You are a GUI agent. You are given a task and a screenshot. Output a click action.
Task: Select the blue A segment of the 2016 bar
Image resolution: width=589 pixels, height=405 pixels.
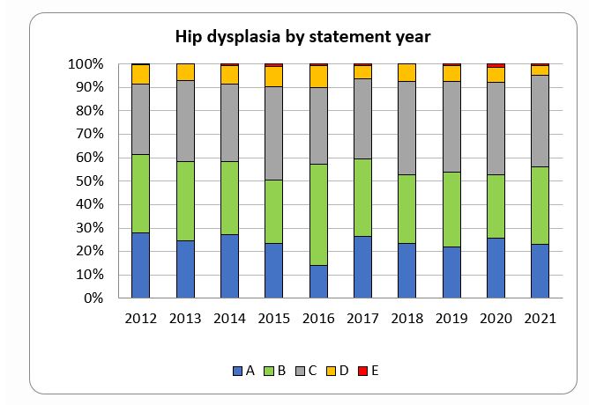319,282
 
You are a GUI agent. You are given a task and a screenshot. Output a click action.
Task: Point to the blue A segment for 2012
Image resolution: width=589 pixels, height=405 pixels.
140,265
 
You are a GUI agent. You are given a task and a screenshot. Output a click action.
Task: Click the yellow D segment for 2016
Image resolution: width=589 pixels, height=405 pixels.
319,76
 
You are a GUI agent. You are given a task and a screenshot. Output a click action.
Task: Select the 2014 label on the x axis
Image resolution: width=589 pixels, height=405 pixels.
229,319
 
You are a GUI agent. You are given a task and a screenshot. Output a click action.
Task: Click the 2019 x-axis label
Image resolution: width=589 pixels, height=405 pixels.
451,319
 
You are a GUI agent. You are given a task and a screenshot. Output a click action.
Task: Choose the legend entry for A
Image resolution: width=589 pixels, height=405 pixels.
243,372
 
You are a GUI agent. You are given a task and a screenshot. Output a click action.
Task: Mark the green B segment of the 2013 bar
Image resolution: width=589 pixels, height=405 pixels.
185,201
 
